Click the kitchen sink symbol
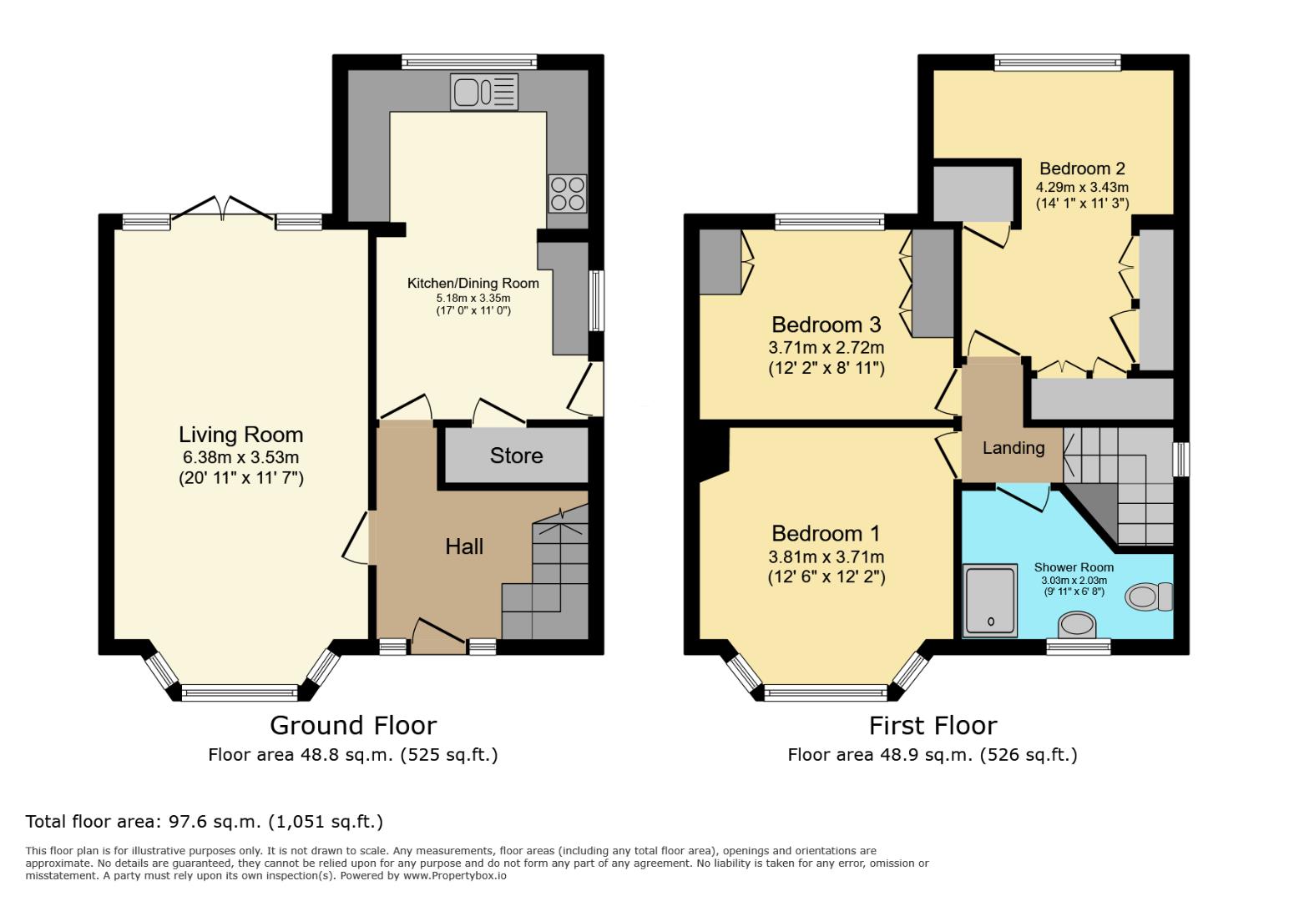click(484, 92)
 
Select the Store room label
click(516, 456)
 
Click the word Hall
click(464, 546)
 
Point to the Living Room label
click(240, 435)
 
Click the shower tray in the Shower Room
click(991, 599)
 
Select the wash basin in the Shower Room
click(1077, 624)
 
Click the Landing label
click(1013, 448)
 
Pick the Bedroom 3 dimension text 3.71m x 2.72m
click(826, 347)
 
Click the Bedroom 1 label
click(826, 534)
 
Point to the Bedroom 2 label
click(1081, 169)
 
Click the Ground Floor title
click(353, 725)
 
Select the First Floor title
click(933, 725)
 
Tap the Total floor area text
click(205, 822)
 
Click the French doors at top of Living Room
click(223, 209)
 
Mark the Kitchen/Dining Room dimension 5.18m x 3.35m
click(473, 298)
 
